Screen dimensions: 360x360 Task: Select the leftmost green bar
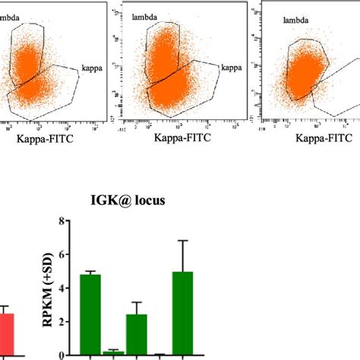coord(90,315)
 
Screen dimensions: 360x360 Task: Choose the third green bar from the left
coord(137,335)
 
